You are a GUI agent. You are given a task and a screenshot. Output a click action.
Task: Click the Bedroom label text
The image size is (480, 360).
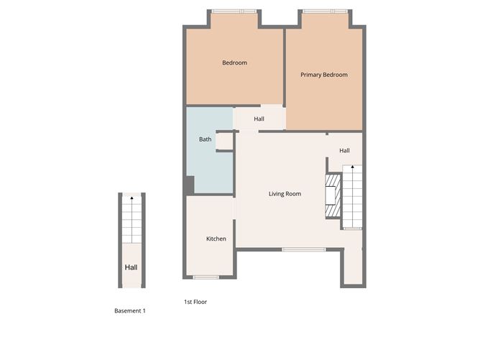(x=234, y=63)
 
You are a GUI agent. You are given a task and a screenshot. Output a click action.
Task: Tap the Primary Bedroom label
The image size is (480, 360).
(x=323, y=75)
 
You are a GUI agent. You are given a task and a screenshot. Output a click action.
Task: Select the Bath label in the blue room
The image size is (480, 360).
(x=205, y=139)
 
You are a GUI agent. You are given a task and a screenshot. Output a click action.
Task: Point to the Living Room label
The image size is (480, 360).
(x=285, y=194)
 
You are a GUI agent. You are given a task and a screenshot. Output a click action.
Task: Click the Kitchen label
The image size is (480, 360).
(x=216, y=239)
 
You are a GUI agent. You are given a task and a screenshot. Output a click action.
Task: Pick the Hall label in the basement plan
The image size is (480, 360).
(x=131, y=268)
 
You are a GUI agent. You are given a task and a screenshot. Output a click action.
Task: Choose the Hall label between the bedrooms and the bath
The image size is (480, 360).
(x=259, y=119)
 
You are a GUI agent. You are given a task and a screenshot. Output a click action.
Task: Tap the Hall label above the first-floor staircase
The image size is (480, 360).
(x=344, y=151)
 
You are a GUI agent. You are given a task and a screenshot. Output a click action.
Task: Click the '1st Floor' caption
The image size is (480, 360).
(x=195, y=303)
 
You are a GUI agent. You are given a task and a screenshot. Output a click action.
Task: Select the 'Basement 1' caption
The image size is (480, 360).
(x=130, y=311)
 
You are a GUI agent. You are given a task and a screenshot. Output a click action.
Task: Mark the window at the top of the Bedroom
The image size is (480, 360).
(x=234, y=11)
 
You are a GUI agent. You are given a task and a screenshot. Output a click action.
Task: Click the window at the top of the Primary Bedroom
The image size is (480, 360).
(x=325, y=11)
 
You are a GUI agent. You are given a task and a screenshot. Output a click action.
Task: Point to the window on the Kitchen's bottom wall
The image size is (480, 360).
(x=206, y=277)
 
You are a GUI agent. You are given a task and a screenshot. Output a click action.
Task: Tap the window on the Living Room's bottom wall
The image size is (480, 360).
(x=293, y=249)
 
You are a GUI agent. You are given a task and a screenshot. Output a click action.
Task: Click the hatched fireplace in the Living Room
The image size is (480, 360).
(x=332, y=194)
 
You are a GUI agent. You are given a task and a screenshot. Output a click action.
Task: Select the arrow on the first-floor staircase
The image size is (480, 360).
(x=352, y=169)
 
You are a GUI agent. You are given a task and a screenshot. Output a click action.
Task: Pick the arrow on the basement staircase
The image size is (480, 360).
(x=131, y=198)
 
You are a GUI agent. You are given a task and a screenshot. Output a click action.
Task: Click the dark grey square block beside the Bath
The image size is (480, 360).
(x=189, y=185)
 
